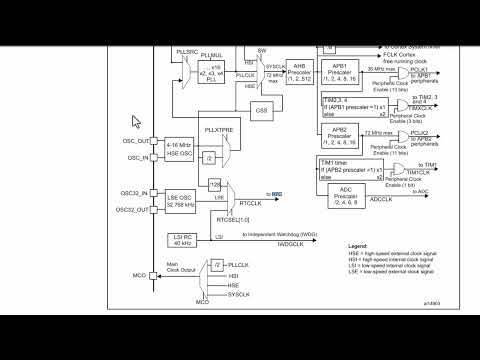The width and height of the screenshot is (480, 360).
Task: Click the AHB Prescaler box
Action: click(x=298, y=71)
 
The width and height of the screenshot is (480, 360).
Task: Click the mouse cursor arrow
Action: click(x=137, y=123)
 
